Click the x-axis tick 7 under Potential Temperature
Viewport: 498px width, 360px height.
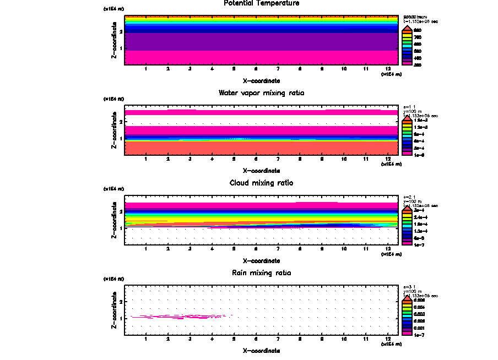[278, 69]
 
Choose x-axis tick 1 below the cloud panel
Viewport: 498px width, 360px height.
[145, 249]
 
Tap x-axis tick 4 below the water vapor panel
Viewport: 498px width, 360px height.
[212, 159]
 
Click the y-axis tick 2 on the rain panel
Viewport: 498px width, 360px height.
[121, 302]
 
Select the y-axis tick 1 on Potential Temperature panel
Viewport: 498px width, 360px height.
[121, 49]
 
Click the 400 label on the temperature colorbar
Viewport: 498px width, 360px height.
[418, 57]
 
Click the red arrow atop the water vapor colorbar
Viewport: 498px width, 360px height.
[407, 117]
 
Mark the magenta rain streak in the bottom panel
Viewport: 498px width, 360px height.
[176, 317]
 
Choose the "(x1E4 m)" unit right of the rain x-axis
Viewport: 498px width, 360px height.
[391, 344]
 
